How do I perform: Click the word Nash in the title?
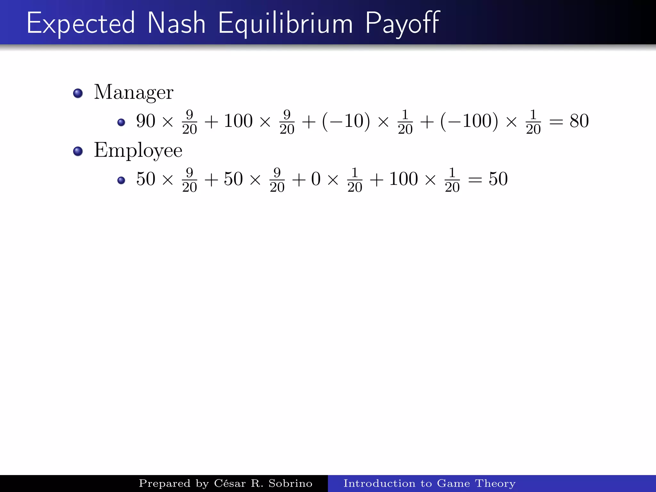176,23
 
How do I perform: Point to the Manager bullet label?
134,93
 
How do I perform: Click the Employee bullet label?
138,151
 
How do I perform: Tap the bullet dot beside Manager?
78,94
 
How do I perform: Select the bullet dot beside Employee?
78,151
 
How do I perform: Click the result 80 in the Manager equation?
579,121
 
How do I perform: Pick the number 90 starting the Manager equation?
146,121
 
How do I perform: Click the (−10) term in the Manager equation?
346,121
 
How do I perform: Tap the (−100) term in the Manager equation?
469,121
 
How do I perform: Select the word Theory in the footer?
495,483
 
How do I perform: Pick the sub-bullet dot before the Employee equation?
121,180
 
